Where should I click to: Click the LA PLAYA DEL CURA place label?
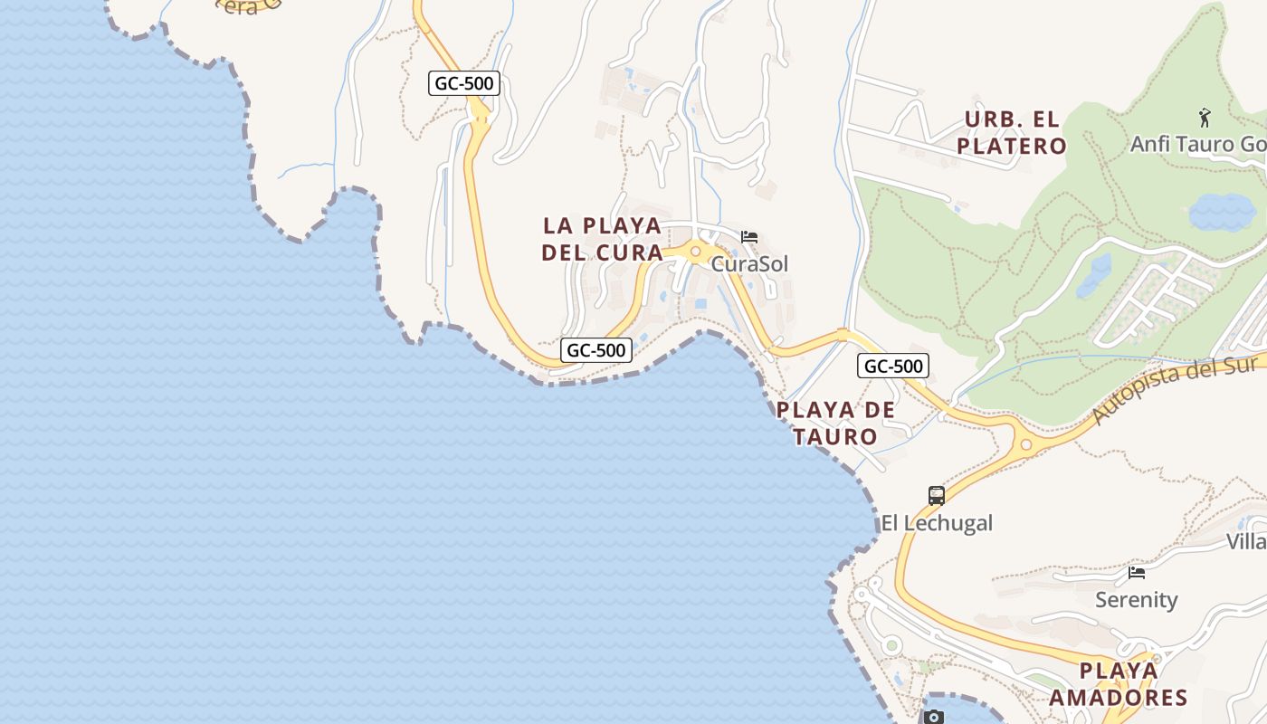[x=603, y=239]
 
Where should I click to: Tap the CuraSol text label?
[x=749, y=264]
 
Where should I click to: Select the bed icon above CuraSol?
[x=749, y=237]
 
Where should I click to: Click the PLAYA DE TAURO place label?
[x=835, y=423]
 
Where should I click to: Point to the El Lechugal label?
[x=937, y=523]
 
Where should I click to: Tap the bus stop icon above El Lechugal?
[x=937, y=496]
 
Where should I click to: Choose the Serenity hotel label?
[x=1137, y=600]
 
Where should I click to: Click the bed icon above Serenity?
[x=1137, y=573]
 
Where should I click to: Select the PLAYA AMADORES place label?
[x=1119, y=684]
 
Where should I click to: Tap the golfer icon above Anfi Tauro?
[x=1205, y=118]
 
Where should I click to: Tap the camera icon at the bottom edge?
[x=933, y=717]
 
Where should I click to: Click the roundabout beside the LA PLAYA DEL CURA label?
[x=696, y=252]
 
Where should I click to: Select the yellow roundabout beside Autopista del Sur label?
[x=1025, y=444]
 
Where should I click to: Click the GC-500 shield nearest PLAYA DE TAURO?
[x=893, y=366]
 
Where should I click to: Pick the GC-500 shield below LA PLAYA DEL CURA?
[x=596, y=350]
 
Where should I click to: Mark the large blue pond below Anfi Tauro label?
[x=1222, y=213]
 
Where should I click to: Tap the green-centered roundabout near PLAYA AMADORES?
[x=892, y=645]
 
